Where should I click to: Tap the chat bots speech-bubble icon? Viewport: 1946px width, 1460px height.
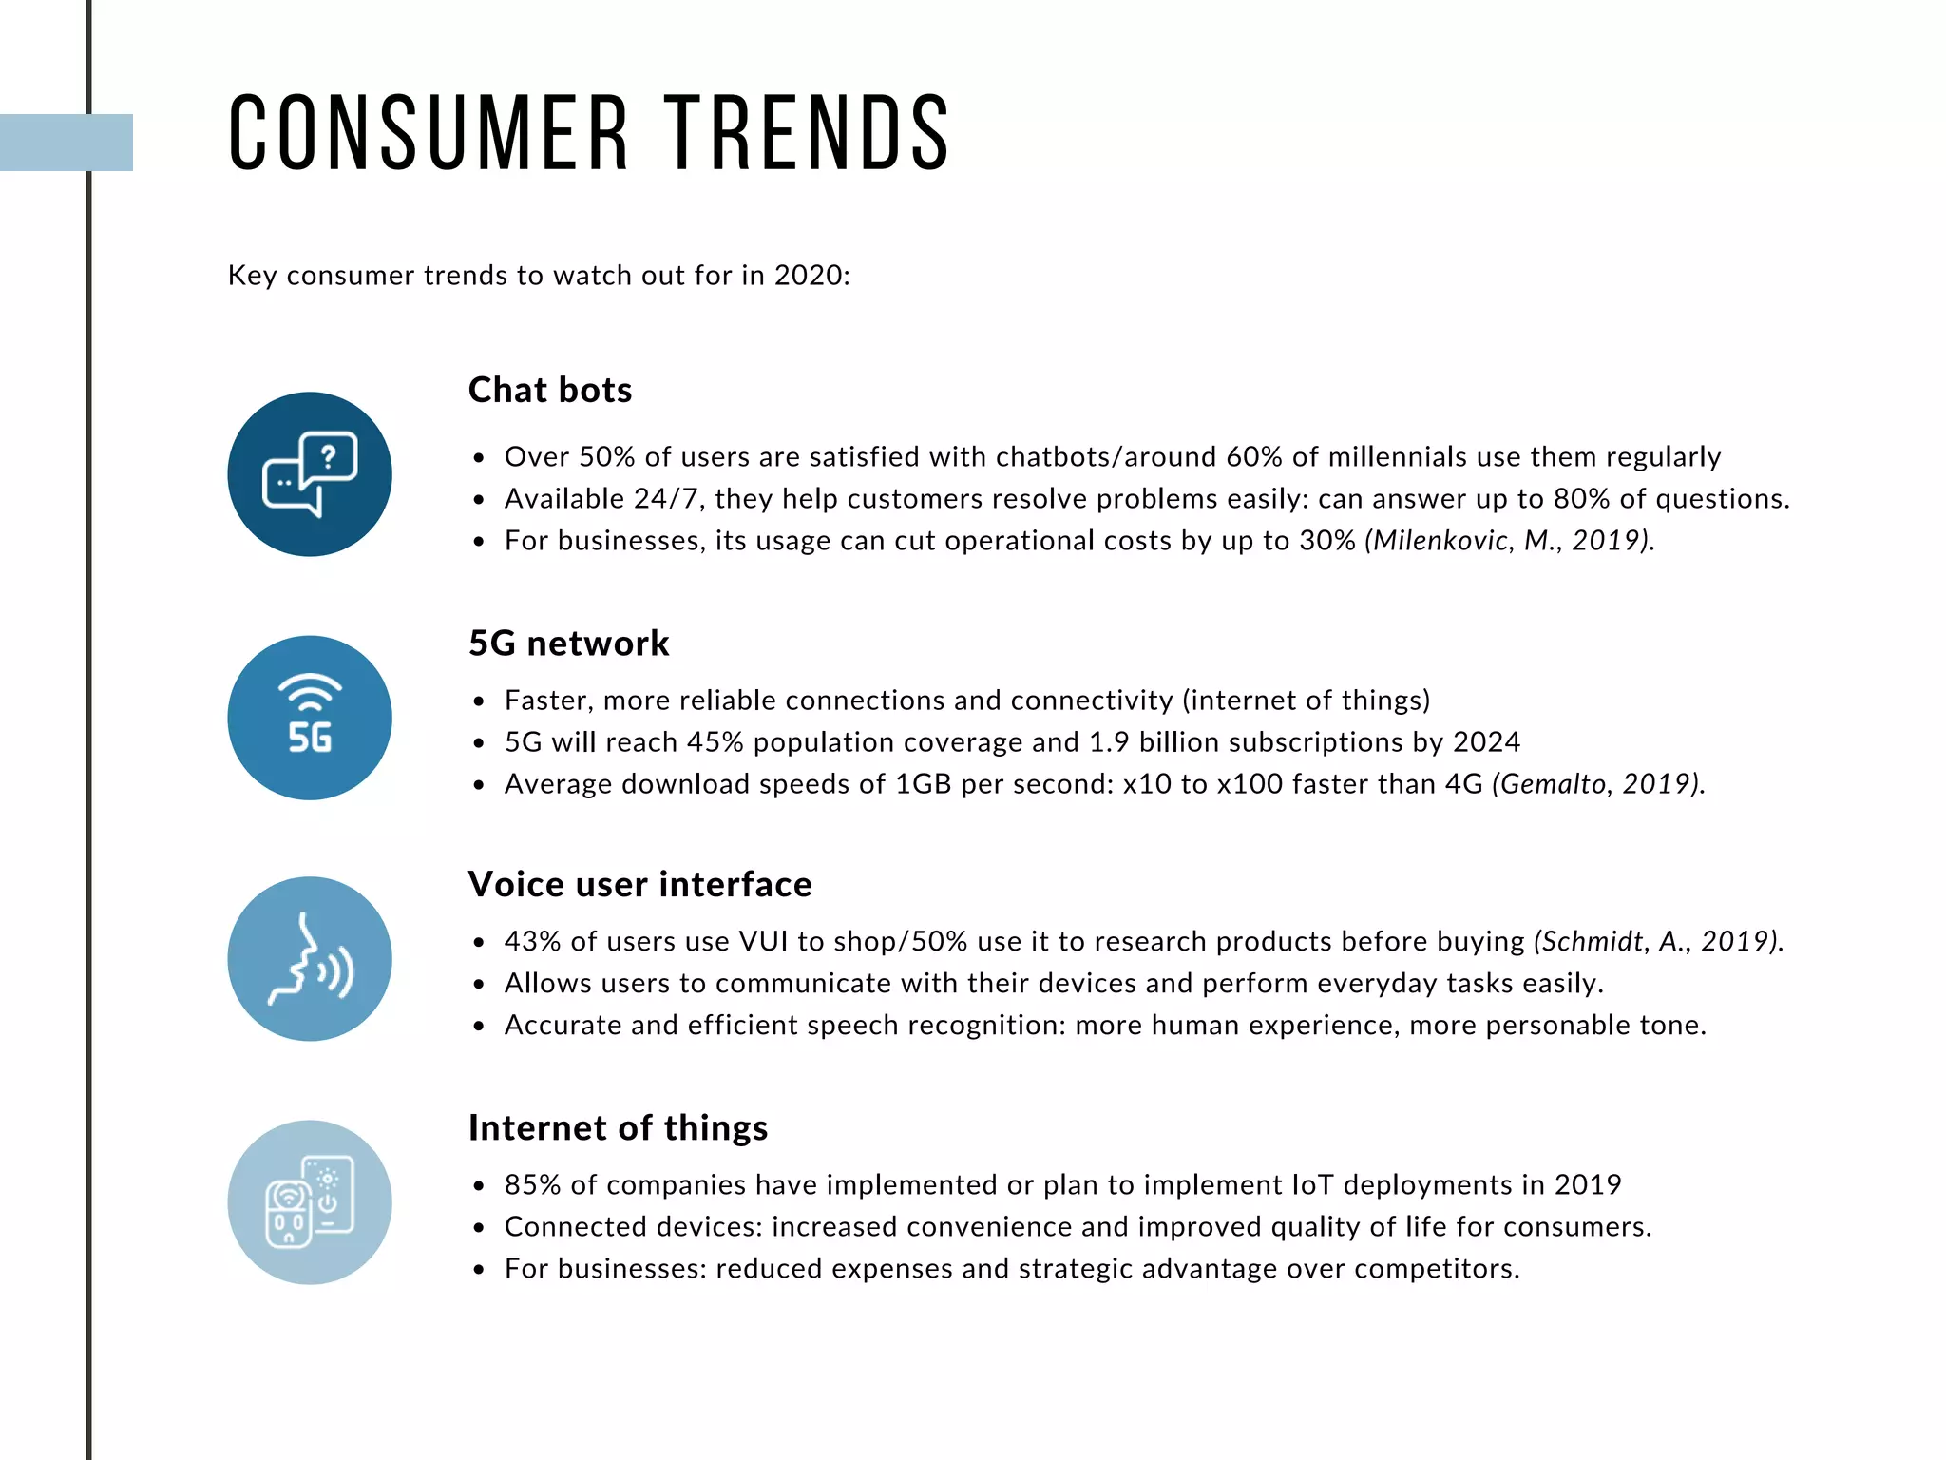point(310,474)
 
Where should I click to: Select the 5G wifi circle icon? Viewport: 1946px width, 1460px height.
point(310,718)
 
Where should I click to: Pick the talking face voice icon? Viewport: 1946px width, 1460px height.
point(310,959)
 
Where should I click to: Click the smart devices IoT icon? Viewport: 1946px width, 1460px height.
point(310,1202)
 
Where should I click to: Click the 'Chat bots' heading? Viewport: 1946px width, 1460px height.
point(550,390)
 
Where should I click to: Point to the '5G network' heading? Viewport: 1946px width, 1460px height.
point(568,644)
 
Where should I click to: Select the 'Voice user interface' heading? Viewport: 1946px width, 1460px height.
point(639,884)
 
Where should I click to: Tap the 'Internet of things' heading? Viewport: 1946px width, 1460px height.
point(618,1127)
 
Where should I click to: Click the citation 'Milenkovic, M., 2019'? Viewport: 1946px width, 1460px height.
point(1509,540)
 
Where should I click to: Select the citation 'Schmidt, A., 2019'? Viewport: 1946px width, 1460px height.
point(1658,941)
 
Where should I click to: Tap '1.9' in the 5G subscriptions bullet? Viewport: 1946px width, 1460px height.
point(1108,741)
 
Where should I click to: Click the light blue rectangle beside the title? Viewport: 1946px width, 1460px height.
point(67,143)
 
